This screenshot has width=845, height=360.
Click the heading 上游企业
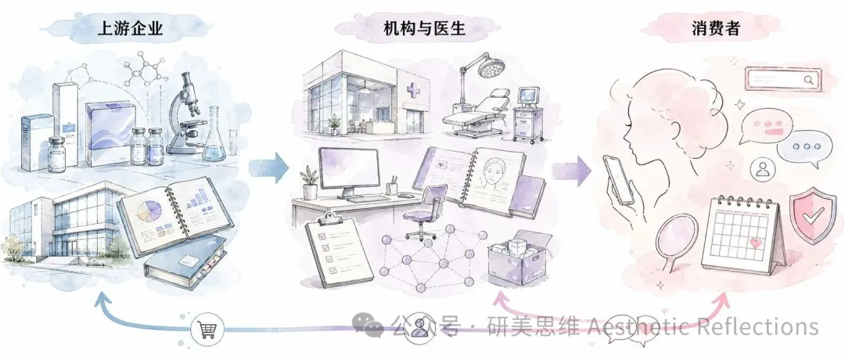(131, 28)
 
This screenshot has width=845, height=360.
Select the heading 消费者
(716, 28)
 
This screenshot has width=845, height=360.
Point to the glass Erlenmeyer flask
(214, 134)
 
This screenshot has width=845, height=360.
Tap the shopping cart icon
(207, 328)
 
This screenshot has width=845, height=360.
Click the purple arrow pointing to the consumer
(571, 171)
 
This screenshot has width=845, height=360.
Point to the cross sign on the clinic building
(414, 90)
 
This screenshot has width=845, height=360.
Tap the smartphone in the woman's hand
(619, 180)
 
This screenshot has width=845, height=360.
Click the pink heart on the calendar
(756, 243)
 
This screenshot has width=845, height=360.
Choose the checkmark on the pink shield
(813, 215)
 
